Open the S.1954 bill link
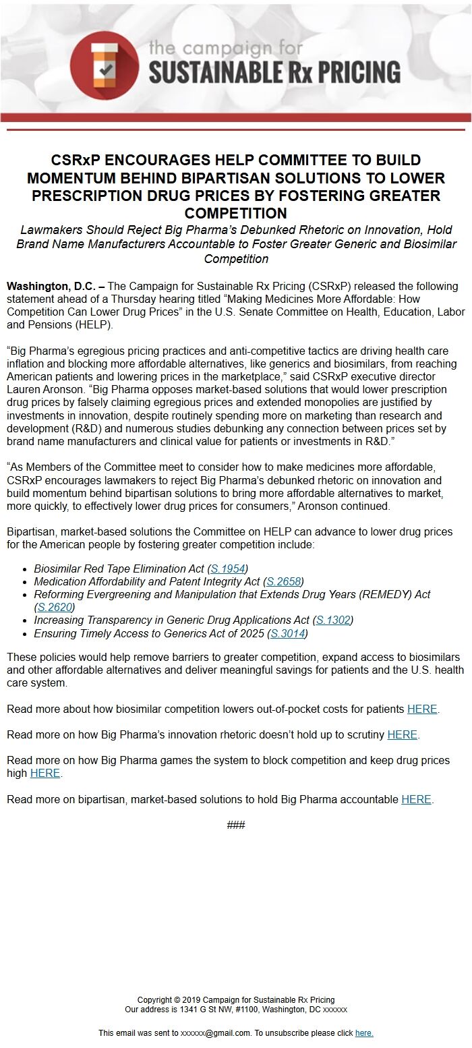[x=228, y=569]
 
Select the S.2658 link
[x=283, y=581]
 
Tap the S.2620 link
[x=55, y=608]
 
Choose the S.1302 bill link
[x=333, y=620]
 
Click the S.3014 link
[x=288, y=633]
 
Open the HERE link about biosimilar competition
[x=422, y=709]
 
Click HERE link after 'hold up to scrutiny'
[x=402, y=734]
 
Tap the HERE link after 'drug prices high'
[x=45, y=774]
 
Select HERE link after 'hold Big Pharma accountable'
[x=416, y=799]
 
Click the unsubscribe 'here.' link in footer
[x=364, y=1033]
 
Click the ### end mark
[x=236, y=825]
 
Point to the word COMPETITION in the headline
[x=236, y=214]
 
